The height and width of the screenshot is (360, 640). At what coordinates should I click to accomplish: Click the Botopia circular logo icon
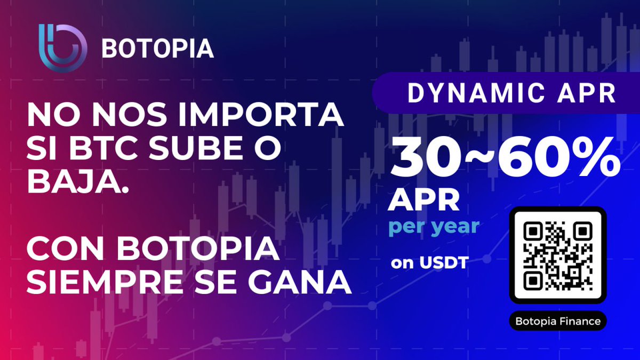pos(62,47)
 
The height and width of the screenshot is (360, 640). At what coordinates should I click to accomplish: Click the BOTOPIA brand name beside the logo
pos(157,49)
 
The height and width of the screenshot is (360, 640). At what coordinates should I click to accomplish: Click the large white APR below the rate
pos(425,201)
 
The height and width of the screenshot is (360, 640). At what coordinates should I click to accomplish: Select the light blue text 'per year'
pos(433,227)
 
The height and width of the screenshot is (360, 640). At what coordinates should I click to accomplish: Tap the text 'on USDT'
pos(429,262)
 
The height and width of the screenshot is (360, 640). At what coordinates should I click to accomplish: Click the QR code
pos(558,255)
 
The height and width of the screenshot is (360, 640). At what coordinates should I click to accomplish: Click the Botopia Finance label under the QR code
pos(558,322)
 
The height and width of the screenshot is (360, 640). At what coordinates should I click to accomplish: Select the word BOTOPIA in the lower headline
pos(197,250)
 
